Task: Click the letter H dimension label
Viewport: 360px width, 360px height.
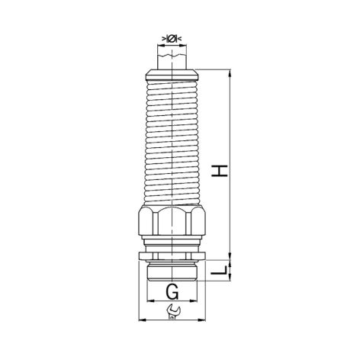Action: pos(220,171)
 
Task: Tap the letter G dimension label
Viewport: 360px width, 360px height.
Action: pos(172,291)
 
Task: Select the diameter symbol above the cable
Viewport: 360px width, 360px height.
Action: pos(172,39)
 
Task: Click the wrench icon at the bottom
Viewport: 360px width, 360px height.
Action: pos(173,310)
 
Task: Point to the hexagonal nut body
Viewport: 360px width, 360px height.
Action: pos(172,220)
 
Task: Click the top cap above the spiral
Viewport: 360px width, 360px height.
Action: pos(172,75)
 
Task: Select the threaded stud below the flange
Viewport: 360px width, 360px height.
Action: pos(172,271)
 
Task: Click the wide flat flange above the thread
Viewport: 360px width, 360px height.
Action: pos(172,256)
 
